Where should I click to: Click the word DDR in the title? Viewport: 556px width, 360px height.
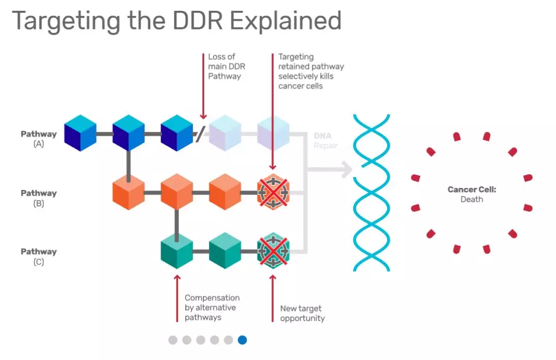point(198,21)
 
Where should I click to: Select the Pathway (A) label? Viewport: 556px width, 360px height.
point(39,139)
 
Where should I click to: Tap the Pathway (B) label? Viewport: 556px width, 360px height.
point(39,198)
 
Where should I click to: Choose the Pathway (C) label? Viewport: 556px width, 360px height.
point(39,256)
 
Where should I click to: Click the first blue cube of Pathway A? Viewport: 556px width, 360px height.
point(80,133)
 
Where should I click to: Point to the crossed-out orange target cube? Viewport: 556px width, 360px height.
point(273,192)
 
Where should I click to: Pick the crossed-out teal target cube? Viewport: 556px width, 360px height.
point(273,251)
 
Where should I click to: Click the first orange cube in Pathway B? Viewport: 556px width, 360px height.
point(128,192)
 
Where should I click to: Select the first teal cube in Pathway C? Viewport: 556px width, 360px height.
point(177,251)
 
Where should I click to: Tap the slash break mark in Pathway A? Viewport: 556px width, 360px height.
point(200,134)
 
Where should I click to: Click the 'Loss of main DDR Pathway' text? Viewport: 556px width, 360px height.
point(227,66)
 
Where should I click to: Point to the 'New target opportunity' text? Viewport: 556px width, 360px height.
point(303,313)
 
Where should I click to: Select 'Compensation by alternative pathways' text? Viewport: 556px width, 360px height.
point(212,307)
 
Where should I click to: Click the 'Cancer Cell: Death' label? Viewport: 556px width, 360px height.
point(472,194)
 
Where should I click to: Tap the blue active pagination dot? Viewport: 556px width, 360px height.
point(242,340)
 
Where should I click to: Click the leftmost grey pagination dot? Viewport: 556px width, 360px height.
point(172,340)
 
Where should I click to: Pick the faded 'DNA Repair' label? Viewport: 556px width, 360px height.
point(325,141)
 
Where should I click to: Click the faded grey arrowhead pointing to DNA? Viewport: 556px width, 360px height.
point(346,169)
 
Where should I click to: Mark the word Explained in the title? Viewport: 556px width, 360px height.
point(286,21)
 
